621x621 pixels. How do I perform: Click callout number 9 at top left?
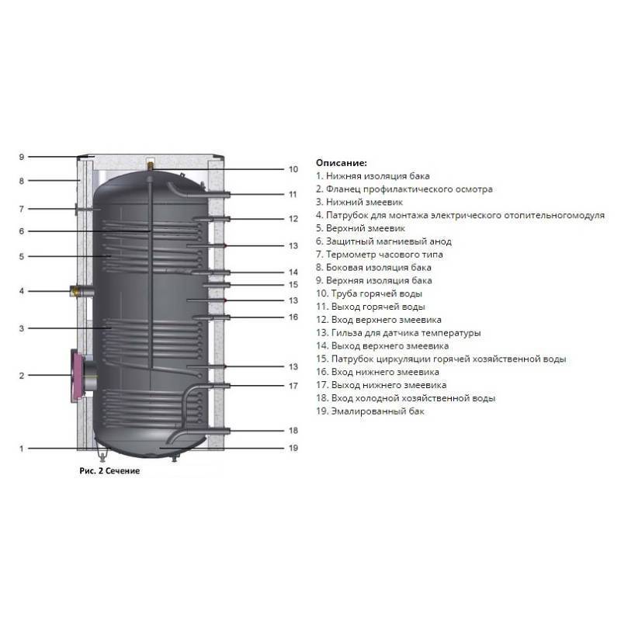[x=22, y=157]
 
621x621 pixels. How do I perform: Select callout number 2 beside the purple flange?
[x=22, y=376]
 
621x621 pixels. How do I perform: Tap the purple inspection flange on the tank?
[x=78, y=376]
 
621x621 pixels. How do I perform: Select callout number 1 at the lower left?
[x=22, y=448]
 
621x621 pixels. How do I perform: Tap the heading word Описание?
[x=341, y=163]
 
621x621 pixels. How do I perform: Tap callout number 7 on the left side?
[x=22, y=209]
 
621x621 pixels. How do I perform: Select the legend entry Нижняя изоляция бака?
[x=373, y=176]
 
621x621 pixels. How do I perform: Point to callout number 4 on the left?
[x=22, y=291]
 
